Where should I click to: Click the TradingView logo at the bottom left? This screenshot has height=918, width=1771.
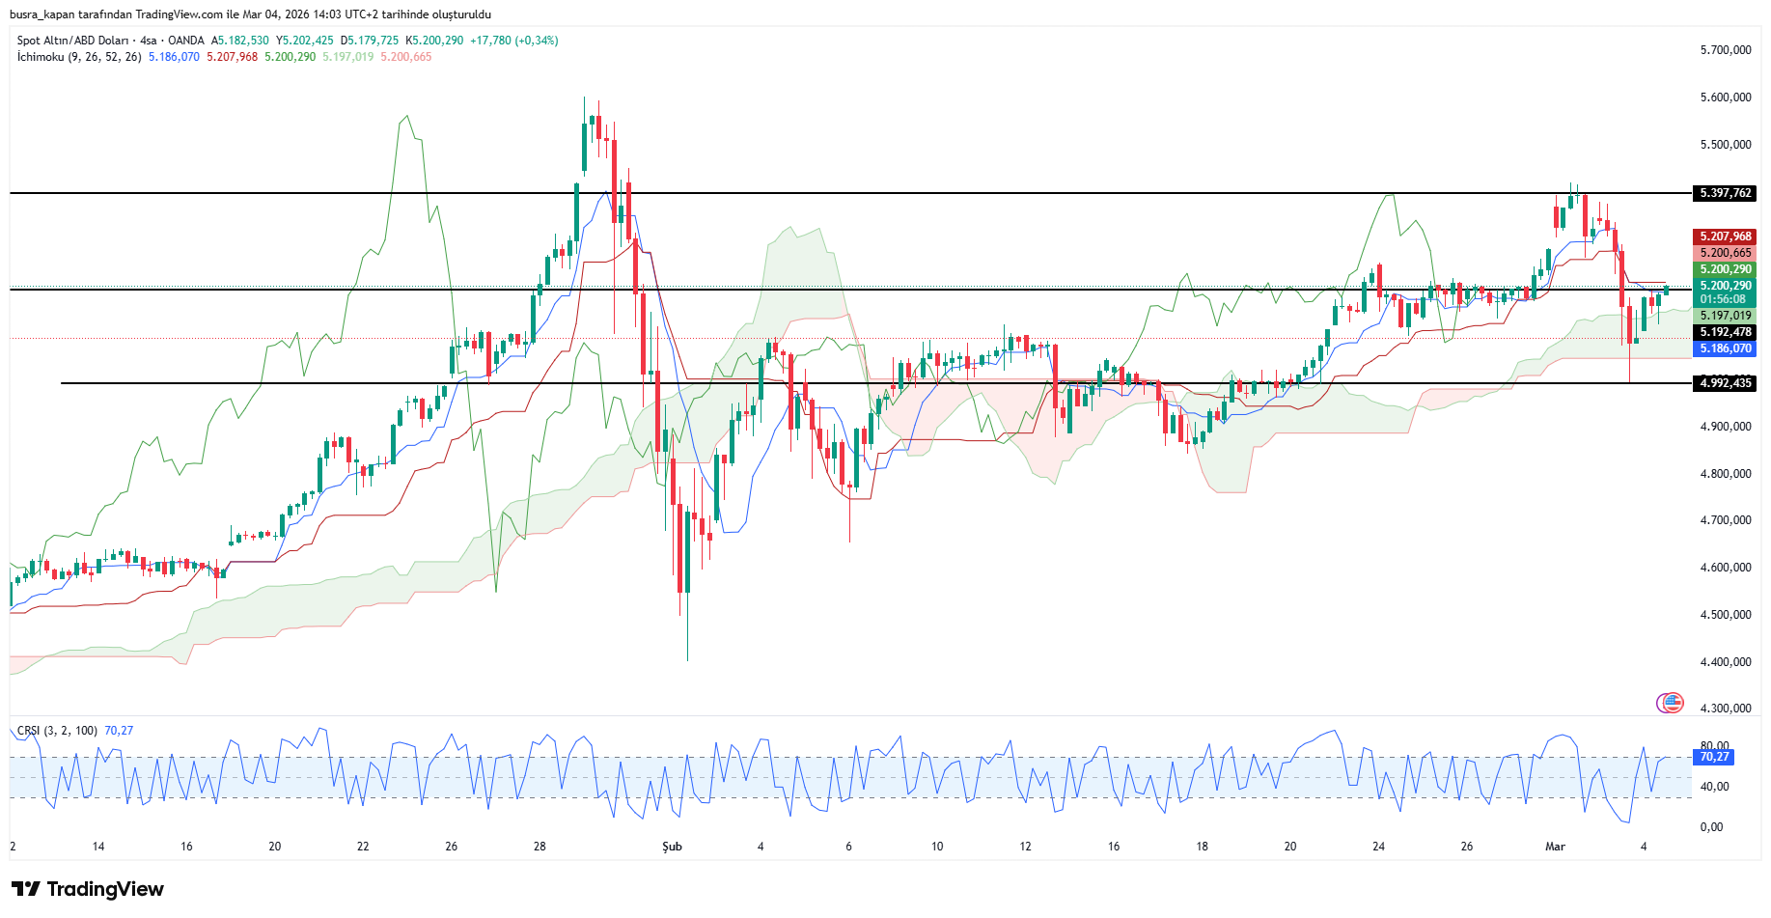coord(88,889)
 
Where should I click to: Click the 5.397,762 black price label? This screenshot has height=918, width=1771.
coord(1726,193)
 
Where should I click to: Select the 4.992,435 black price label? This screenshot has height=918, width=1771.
coord(1726,383)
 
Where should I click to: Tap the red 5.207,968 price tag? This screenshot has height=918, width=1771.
coord(1726,236)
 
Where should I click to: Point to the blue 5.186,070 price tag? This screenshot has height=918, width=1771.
coord(1726,348)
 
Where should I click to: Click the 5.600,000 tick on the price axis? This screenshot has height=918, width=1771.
coord(1726,97)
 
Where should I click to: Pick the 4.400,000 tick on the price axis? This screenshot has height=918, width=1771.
coord(1726,662)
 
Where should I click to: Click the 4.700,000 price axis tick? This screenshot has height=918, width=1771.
coord(1726,520)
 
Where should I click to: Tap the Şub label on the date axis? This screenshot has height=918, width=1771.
coord(672,847)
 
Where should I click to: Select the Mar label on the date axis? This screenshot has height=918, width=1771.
coord(1555,847)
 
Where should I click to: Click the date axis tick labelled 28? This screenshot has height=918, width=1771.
coord(540,847)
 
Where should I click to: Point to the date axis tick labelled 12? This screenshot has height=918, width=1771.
coord(1025,847)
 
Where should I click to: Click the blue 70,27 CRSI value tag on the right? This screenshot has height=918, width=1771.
coord(1714,757)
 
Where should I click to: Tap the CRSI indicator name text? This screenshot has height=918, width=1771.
coord(29,731)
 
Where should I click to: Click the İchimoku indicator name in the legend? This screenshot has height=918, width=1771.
coord(41,57)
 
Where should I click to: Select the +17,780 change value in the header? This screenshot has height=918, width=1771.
coord(490,41)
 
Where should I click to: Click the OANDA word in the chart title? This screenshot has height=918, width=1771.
coord(186,41)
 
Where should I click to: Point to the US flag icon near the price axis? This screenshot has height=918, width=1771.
coord(1671,703)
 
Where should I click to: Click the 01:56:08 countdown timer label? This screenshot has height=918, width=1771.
coord(1723,299)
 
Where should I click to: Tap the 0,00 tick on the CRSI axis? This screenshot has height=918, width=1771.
coord(1711,827)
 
